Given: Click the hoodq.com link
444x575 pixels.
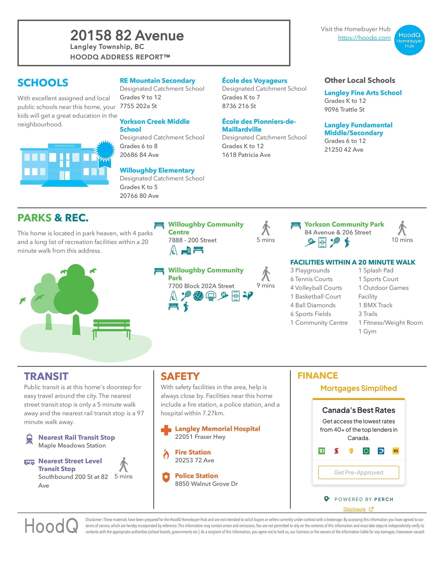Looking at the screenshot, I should pyautogui.click(x=364, y=38).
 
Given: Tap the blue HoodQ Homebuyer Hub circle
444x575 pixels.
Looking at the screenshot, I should pyautogui.click(x=409, y=40).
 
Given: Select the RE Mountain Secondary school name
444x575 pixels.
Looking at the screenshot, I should pyautogui.click(x=157, y=81).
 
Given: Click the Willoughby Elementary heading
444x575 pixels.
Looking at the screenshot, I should pyautogui.click(x=157, y=170).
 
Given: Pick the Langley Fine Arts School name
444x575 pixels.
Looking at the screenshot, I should pyautogui.click(x=363, y=93).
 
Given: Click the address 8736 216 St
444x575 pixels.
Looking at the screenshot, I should pyautogui.click(x=239, y=106).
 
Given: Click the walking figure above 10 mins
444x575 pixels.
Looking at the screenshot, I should pyautogui.click(x=402, y=228).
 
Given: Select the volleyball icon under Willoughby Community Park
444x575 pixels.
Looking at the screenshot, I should pyautogui.click(x=198, y=296).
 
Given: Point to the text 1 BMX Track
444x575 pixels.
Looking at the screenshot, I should pyautogui.click(x=375, y=305).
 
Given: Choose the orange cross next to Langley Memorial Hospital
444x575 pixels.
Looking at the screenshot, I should pyautogui.click(x=166, y=430).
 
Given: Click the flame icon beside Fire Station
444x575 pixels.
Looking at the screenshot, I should pyautogui.click(x=166, y=454).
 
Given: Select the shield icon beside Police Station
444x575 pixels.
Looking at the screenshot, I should pyautogui.click(x=166, y=477).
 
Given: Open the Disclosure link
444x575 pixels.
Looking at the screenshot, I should pyautogui.click(x=354, y=509).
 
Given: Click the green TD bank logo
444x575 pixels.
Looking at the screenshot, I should pyautogui.click(x=321, y=451).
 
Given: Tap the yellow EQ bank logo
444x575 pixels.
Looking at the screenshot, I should pyautogui.click(x=396, y=451).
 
